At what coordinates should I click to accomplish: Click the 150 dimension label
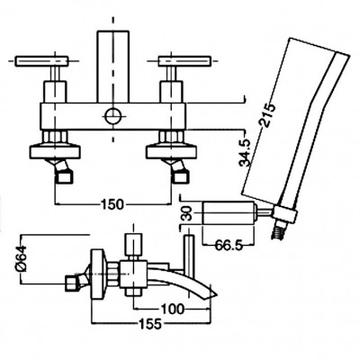(112, 204)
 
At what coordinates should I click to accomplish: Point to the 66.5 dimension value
(229, 246)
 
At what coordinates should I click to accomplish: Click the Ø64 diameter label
(22, 258)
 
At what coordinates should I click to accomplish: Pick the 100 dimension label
(172, 309)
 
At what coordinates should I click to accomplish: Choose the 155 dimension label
(150, 323)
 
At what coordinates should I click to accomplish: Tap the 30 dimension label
(188, 213)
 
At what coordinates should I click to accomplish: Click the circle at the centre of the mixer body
(113, 116)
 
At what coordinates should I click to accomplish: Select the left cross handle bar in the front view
(42, 61)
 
